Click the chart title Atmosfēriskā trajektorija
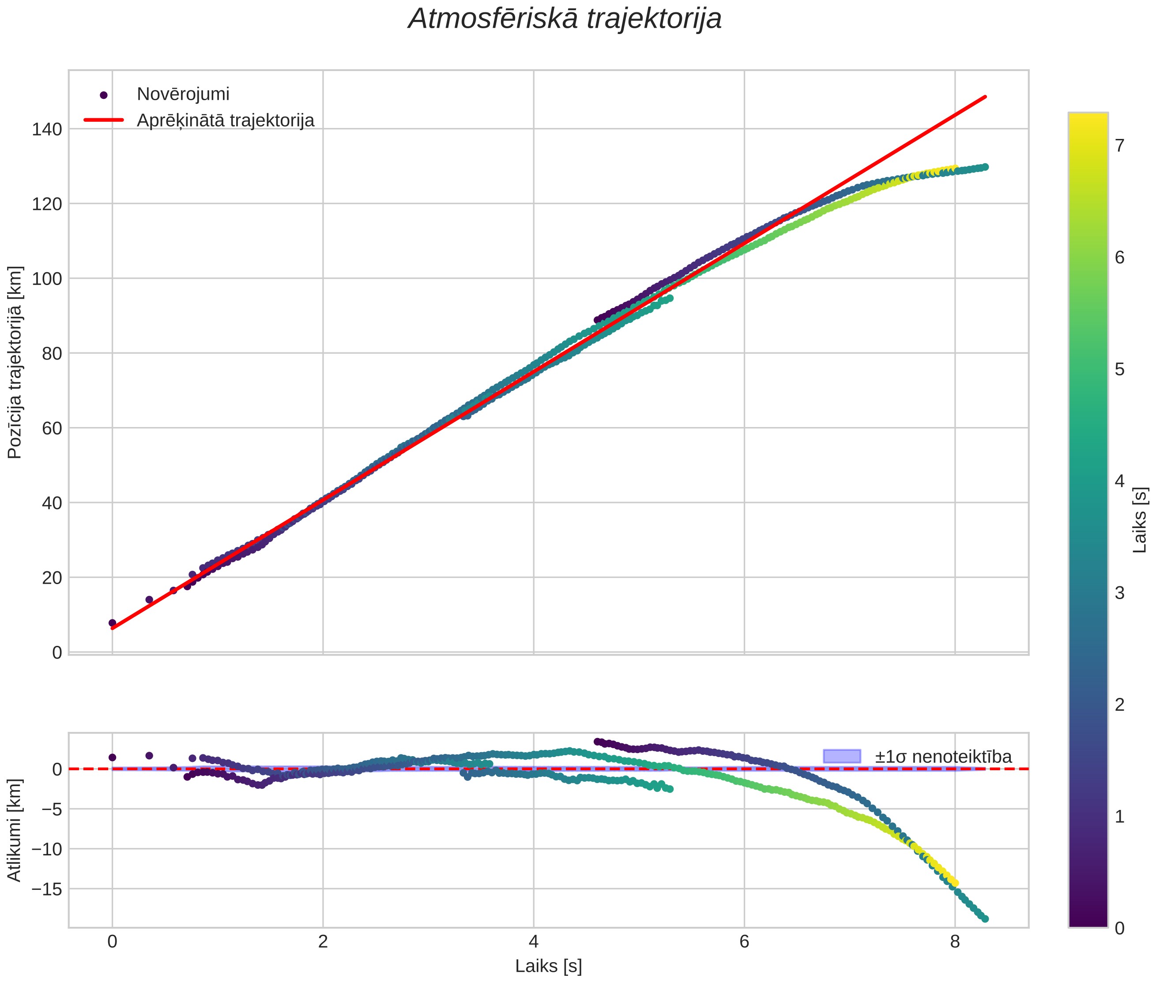click(565, 19)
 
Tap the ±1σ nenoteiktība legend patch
click(841, 757)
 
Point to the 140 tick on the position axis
click(47, 129)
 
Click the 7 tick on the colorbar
click(1119, 146)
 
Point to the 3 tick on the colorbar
click(1119, 593)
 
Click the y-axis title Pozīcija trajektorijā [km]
click(15, 363)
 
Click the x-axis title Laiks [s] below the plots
click(549, 966)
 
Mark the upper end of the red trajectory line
click(986, 97)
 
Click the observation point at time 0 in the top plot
click(113, 623)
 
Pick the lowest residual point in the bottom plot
click(985, 919)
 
